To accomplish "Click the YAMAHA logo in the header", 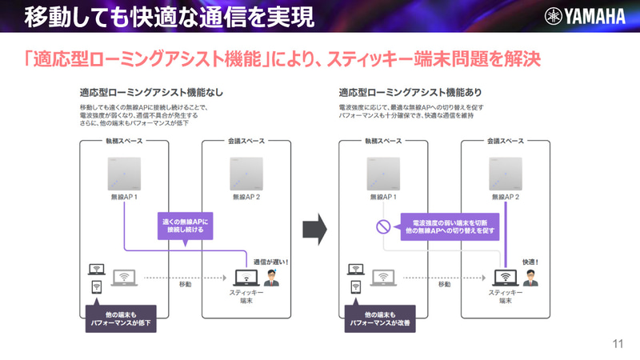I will click(586, 16).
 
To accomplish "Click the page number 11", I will click(617, 344).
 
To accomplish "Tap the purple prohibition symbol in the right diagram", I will click(383, 226).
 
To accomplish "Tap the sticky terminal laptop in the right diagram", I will click(505, 278).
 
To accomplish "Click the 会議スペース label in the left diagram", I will click(246, 142).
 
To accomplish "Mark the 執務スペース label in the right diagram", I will click(382, 142).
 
